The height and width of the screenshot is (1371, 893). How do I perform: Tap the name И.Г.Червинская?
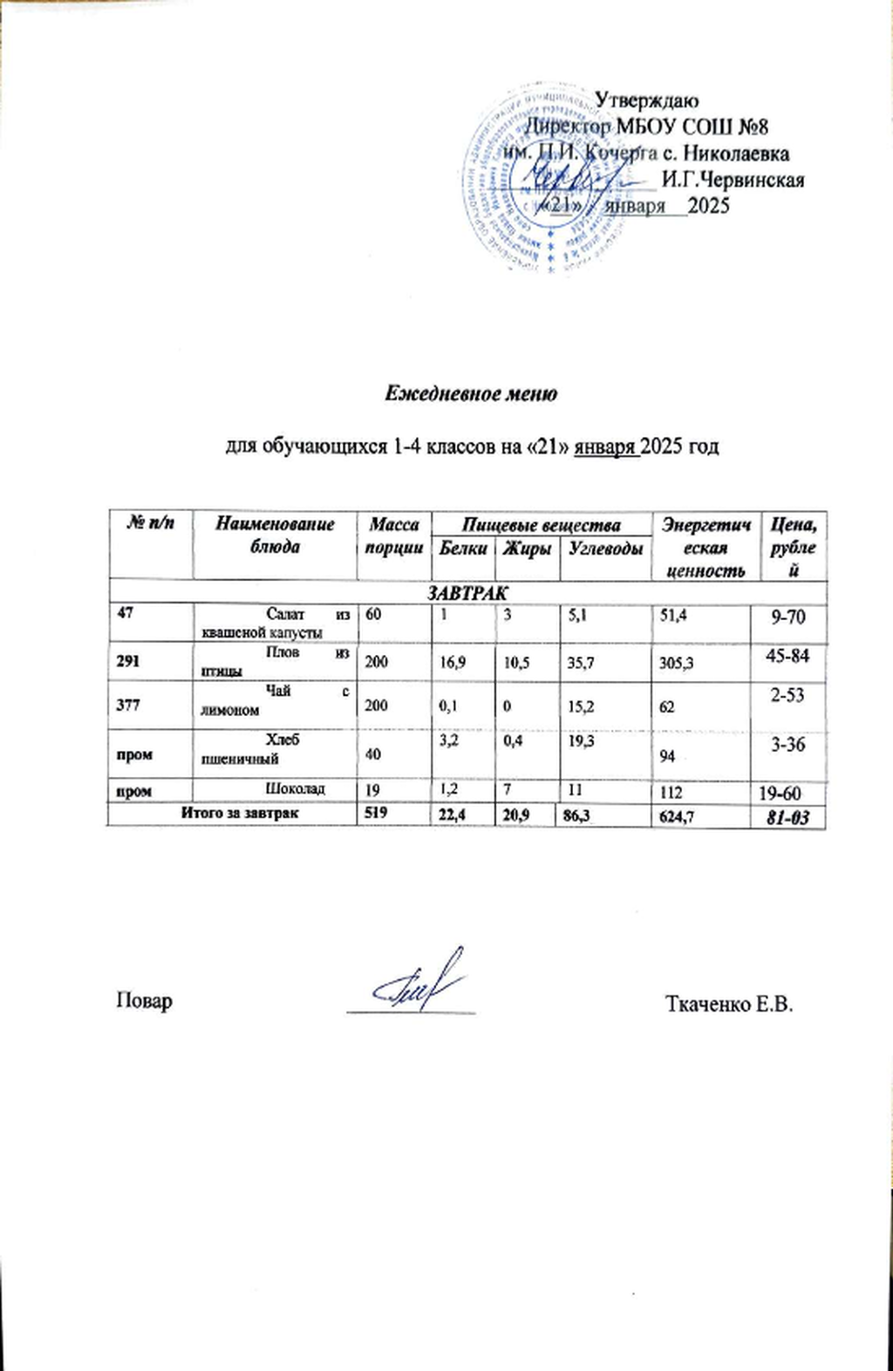(733, 181)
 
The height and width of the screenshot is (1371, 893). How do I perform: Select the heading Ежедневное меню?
(471, 393)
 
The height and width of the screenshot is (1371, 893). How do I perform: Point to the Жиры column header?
(526, 549)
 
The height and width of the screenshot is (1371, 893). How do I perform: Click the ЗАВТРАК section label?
(467, 593)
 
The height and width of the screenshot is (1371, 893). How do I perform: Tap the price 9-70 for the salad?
(787, 618)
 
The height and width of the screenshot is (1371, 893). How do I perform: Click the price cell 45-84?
(787, 656)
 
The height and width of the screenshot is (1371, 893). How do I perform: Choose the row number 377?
(128, 705)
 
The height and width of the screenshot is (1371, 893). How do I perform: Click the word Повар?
(145, 1001)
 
